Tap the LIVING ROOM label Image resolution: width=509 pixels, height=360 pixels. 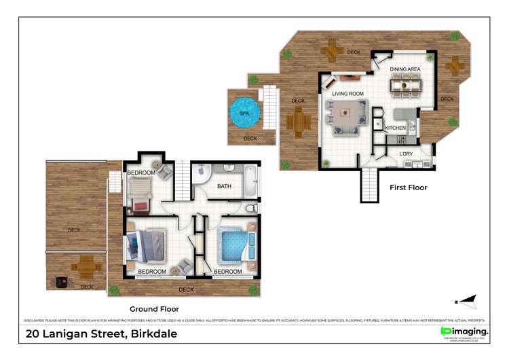[347, 94]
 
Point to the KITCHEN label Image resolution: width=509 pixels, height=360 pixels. [395, 128]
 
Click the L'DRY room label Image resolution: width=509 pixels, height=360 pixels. [406, 154]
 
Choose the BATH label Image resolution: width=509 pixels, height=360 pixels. [225, 185]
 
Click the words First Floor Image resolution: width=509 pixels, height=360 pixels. [409, 187]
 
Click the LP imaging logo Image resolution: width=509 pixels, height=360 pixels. [464, 331]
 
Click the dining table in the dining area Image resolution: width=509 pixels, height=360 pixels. [405, 85]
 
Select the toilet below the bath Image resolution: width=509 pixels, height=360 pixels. [250, 207]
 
